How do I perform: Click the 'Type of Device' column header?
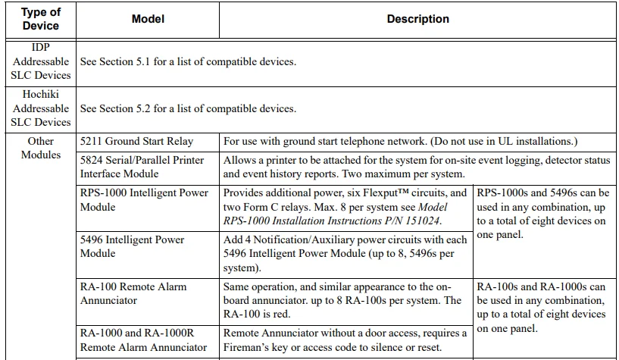click(41, 19)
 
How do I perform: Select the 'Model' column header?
click(148, 19)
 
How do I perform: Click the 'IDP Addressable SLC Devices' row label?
click(41, 61)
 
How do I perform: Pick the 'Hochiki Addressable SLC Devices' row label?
click(41, 108)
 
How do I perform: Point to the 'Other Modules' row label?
click(41, 148)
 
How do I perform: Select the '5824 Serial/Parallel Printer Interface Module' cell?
click(144, 167)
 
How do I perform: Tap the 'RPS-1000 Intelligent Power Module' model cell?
click(144, 199)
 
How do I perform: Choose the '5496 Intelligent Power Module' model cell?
click(133, 246)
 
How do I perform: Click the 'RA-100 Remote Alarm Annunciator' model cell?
click(133, 293)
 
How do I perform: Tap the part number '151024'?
click(420, 221)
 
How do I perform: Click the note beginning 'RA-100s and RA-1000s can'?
click(542, 308)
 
